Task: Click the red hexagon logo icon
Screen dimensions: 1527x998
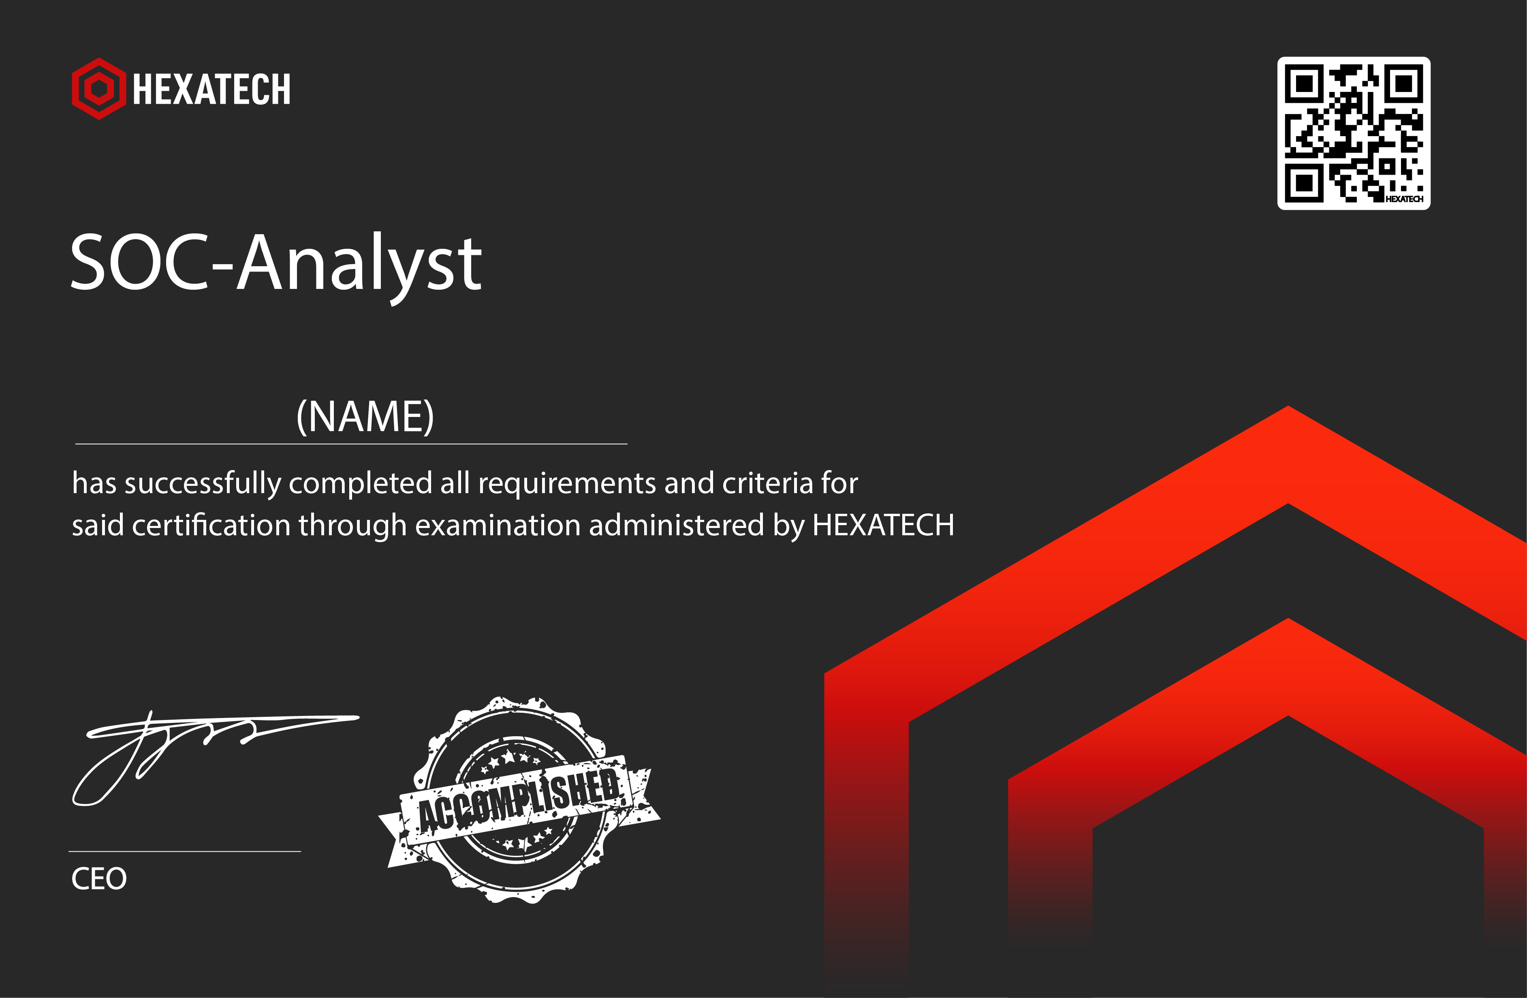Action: coord(99,89)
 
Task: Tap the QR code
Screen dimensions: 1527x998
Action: coord(1354,133)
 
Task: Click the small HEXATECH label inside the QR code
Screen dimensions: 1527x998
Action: coord(1404,199)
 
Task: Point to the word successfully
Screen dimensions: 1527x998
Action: coord(203,484)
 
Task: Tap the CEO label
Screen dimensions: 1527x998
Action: coord(99,878)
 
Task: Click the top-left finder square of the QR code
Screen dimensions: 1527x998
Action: coord(1304,83)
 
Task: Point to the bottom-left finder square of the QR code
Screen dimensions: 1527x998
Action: coord(1304,183)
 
